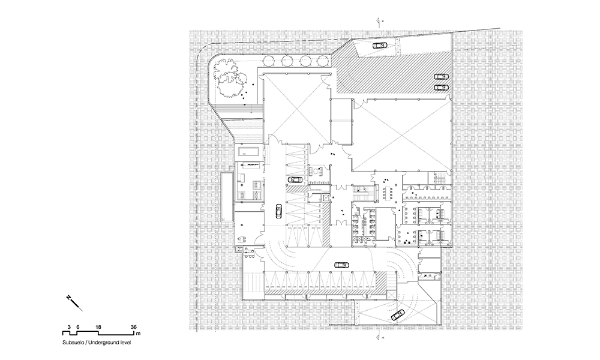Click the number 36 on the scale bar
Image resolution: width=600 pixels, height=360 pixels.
click(x=134, y=327)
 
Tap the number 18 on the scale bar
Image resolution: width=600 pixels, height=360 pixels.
click(x=98, y=327)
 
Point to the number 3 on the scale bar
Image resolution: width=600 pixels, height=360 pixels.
click(x=69, y=327)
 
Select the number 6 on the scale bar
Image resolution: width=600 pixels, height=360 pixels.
click(x=77, y=327)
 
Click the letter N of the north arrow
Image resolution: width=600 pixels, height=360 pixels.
click(x=69, y=297)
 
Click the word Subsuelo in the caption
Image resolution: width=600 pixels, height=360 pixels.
click(x=73, y=343)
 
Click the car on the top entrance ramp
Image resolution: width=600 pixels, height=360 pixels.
click(x=380, y=45)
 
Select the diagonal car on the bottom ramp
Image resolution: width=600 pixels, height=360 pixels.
click(x=397, y=315)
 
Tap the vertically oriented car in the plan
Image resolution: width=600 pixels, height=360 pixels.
click(x=278, y=211)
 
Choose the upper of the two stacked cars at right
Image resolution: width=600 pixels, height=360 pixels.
click(x=441, y=76)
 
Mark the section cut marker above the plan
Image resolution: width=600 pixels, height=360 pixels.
click(x=379, y=20)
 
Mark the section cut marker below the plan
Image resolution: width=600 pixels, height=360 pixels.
click(x=379, y=337)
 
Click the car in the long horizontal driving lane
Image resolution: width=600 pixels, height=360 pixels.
click(x=341, y=265)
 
